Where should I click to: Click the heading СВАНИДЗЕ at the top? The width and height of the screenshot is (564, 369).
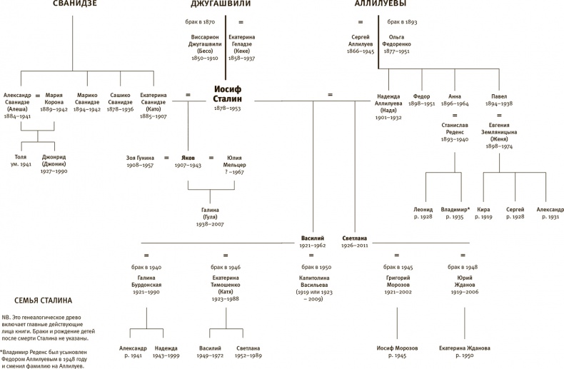pyautogui.click(x=75, y=5)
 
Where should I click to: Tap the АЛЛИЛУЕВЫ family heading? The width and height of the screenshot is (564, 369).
pyautogui.click(x=380, y=5)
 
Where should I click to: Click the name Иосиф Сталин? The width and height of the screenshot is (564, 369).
pyautogui.click(x=229, y=93)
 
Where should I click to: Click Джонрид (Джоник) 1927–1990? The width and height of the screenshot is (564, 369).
pyautogui.click(x=54, y=159)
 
